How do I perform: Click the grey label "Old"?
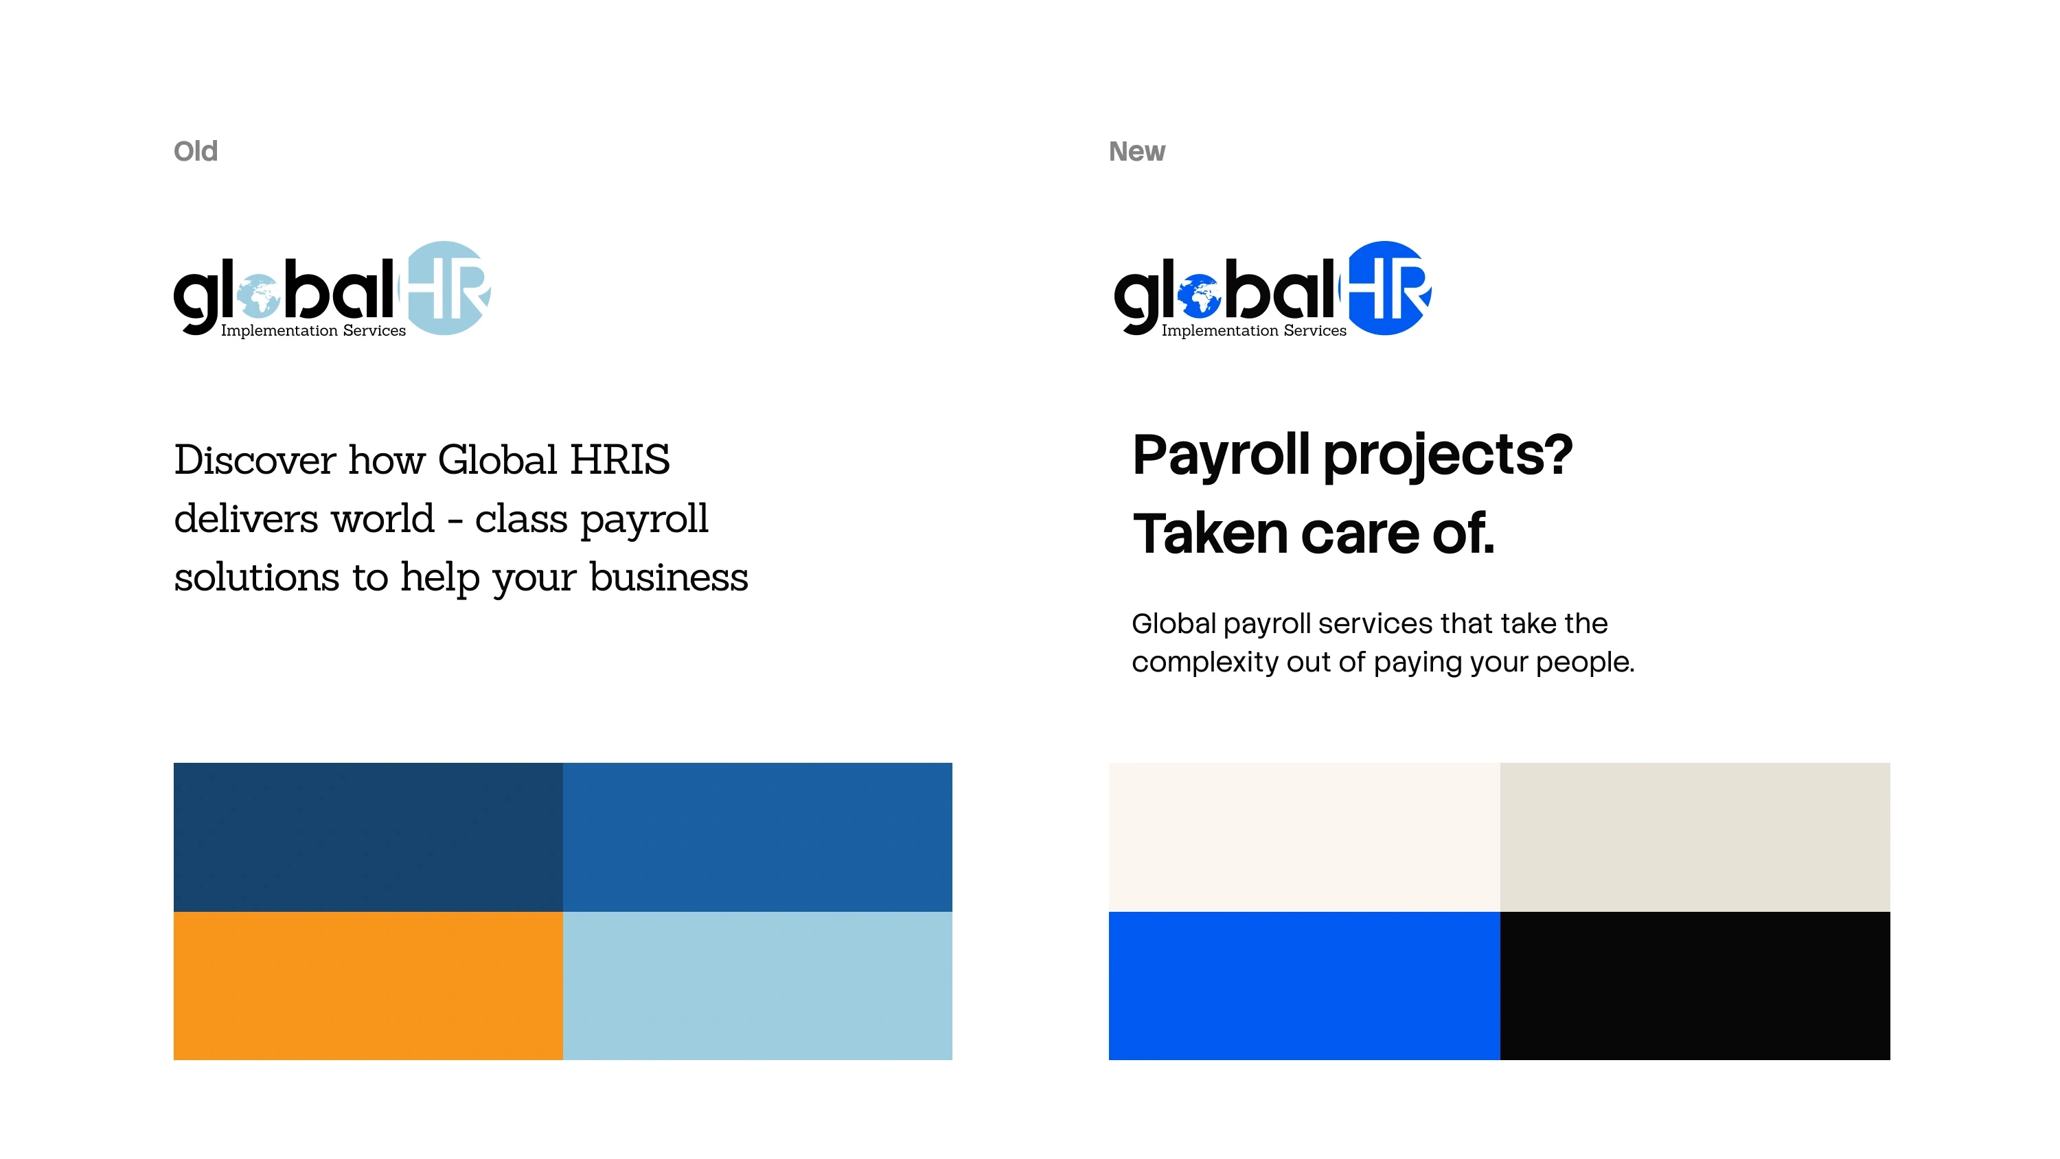[196, 151]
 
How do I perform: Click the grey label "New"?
[1136, 151]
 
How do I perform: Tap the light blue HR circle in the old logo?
[446, 288]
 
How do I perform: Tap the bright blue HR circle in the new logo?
[1386, 288]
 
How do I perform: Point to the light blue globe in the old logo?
[258, 296]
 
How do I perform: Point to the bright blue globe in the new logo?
[1199, 296]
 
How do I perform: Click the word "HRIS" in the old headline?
[620, 460]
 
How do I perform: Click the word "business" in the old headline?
[669, 577]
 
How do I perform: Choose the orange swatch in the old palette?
[368, 985]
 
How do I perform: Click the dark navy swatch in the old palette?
[368, 837]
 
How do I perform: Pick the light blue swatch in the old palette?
[757, 985]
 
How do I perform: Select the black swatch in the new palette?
[1695, 985]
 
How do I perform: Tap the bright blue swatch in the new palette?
[1304, 985]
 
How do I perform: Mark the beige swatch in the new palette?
[1695, 837]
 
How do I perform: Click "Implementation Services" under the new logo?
[1254, 330]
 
